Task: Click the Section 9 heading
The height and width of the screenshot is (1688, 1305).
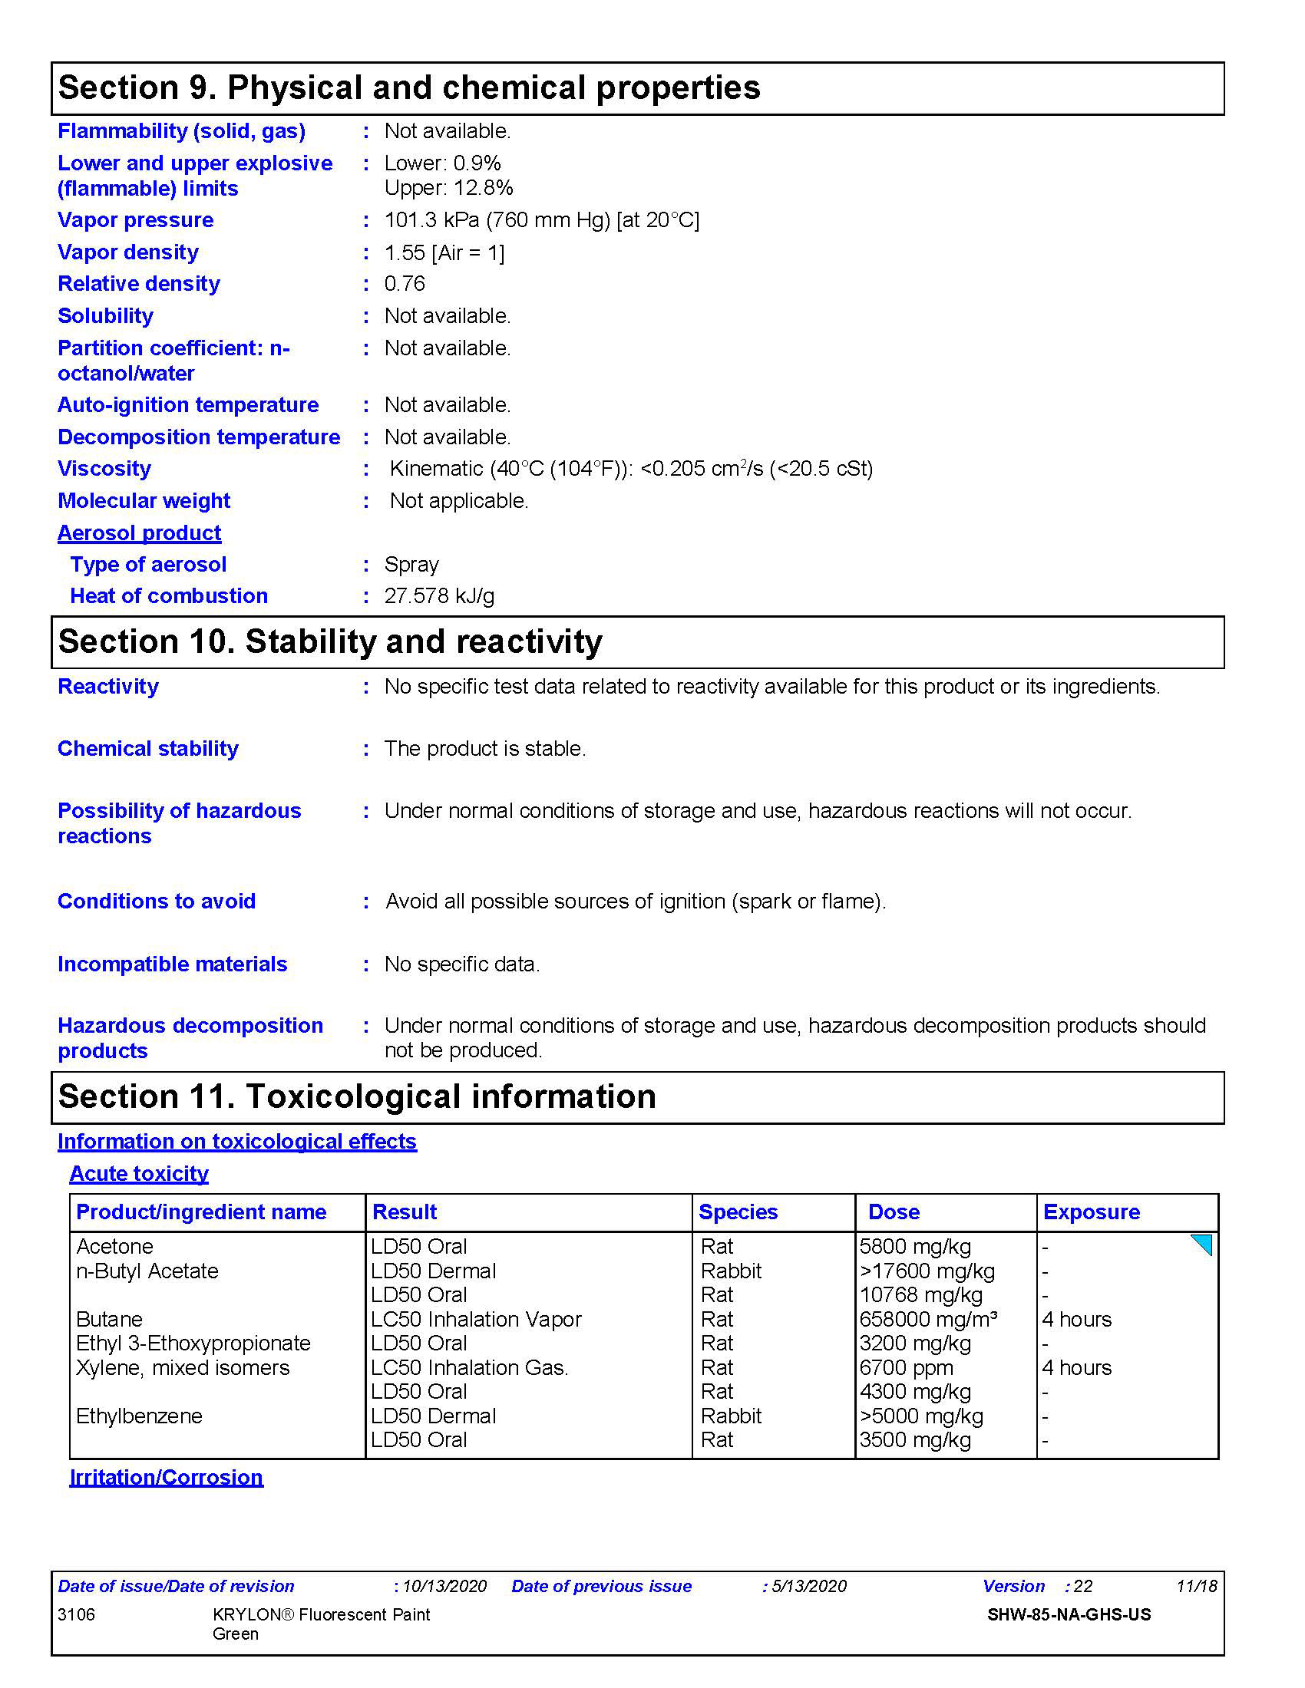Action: click(409, 88)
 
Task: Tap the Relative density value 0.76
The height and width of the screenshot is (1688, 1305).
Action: click(405, 284)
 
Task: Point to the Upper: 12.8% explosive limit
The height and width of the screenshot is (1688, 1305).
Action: click(448, 188)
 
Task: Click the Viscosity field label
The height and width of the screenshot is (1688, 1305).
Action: click(104, 468)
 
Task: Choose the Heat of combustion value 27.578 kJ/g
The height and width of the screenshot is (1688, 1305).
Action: click(439, 596)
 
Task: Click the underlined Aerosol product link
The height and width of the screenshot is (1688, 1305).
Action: click(139, 532)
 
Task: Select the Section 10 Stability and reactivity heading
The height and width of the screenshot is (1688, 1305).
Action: click(330, 641)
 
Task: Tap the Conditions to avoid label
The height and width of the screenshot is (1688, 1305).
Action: click(156, 902)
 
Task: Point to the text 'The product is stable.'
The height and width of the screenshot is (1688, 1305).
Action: click(484, 748)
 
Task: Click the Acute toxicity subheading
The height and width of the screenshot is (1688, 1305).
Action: click(139, 1173)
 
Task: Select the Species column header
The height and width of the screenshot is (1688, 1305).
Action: click(738, 1212)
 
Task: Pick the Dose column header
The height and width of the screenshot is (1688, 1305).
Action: click(894, 1212)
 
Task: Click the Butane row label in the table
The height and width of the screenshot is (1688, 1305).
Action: click(109, 1318)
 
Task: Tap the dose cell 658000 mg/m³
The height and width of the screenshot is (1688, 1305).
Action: click(928, 1318)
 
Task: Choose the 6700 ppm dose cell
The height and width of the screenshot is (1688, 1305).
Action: click(906, 1367)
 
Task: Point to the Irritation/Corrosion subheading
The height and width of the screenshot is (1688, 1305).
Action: click(167, 1477)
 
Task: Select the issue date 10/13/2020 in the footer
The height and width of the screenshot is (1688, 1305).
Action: click(444, 1586)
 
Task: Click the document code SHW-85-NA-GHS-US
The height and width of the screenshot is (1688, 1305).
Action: click(1069, 1614)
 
